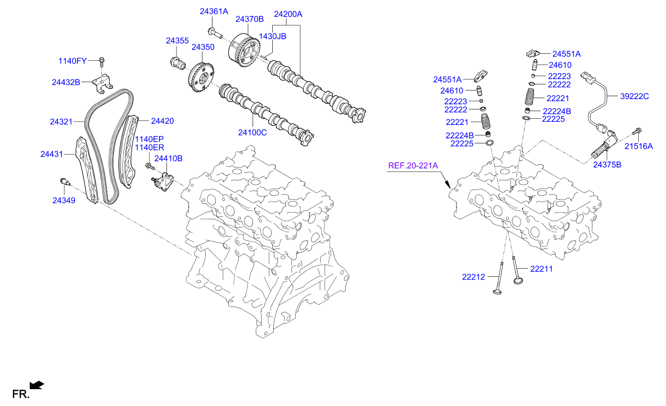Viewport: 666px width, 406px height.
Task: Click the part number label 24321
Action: [x=61, y=122]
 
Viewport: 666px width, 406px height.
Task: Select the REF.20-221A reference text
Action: [x=413, y=166]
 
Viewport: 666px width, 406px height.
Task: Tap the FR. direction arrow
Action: [x=36, y=385]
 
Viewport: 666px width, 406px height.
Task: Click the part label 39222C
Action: [x=634, y=96]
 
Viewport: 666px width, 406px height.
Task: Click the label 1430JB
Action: [x=272, y=36]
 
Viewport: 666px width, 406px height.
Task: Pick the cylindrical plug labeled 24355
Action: [x=178, y=62]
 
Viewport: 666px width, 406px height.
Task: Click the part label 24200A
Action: [x=288, y=14]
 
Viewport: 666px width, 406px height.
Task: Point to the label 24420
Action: [x=162, y=121]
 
